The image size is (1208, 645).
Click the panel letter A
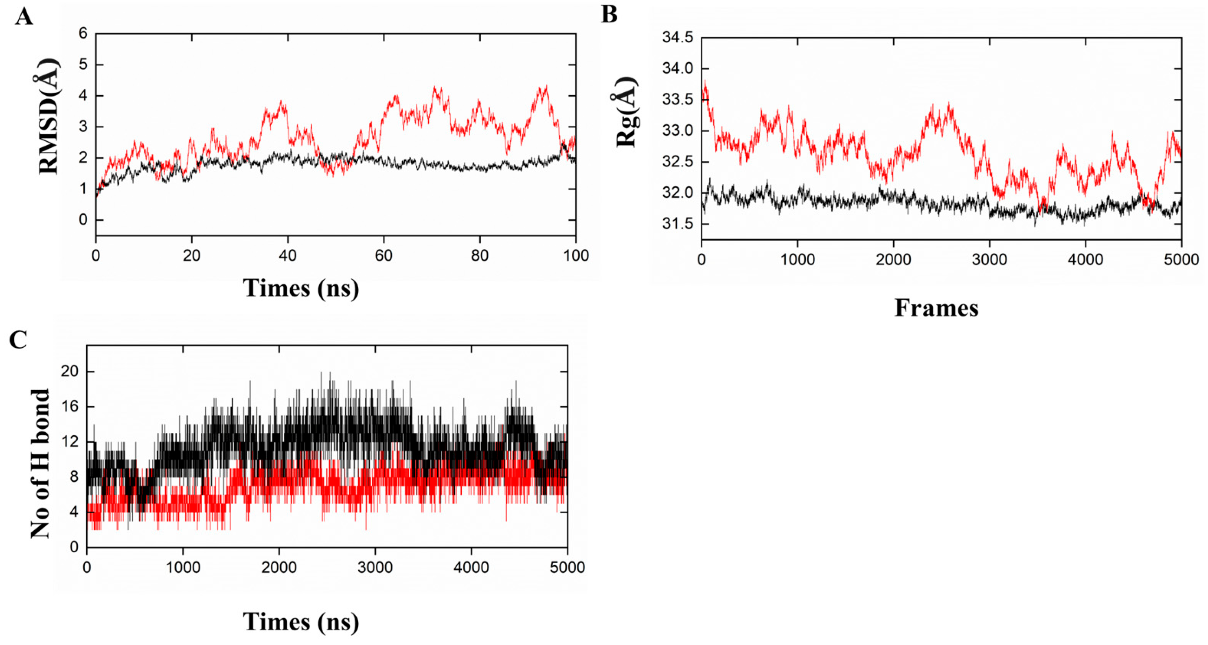[24, 17]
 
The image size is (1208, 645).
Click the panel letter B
[609, 15]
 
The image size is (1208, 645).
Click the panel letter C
[18, 340]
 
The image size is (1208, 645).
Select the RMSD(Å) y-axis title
[49, 117]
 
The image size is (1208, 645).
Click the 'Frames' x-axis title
[936, 308]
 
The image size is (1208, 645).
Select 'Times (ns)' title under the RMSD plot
[300, 288]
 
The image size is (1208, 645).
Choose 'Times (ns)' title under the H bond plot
[300, 621]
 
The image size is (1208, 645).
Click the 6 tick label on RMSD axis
[83, 33]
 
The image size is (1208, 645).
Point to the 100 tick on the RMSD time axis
[575, 256]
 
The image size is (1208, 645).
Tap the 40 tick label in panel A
[287, 256]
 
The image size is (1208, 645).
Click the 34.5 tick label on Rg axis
[677, 37]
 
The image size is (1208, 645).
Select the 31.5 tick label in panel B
[677, 224]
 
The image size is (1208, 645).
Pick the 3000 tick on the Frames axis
[989, 259]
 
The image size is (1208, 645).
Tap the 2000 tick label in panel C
[279, 568]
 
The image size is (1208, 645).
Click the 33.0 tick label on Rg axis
[677, 131]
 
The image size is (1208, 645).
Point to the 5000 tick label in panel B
[1181, 259]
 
